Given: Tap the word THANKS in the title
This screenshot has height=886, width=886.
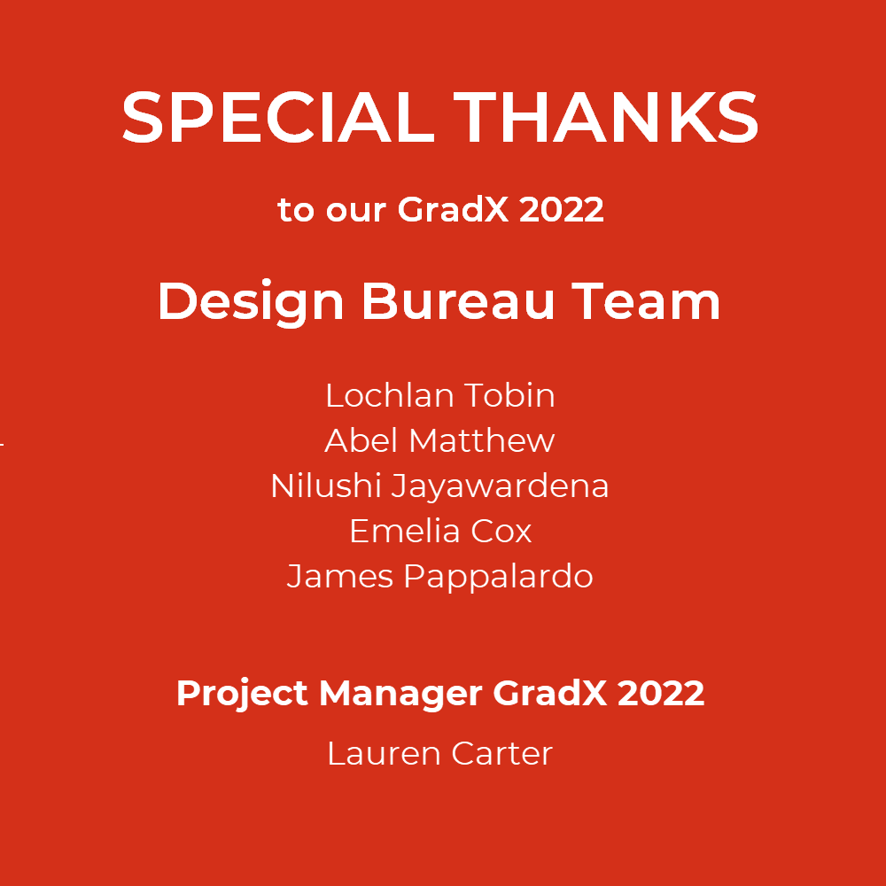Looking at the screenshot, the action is coord(606,117).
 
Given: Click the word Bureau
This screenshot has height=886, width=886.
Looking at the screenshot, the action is coord(458,301).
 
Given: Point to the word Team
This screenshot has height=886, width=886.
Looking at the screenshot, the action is coord(646,302).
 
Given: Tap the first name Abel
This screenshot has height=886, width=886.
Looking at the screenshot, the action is coord(361,440).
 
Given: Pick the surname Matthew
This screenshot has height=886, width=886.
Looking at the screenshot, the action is coord(482,440).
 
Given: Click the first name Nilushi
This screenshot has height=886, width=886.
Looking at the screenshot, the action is coord(326,486).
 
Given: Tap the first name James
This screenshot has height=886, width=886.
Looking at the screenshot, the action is coord(340,577).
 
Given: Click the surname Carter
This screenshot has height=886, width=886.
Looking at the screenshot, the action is coord(501,754).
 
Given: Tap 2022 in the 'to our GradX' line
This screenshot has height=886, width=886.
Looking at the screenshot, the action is coord(561,210).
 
